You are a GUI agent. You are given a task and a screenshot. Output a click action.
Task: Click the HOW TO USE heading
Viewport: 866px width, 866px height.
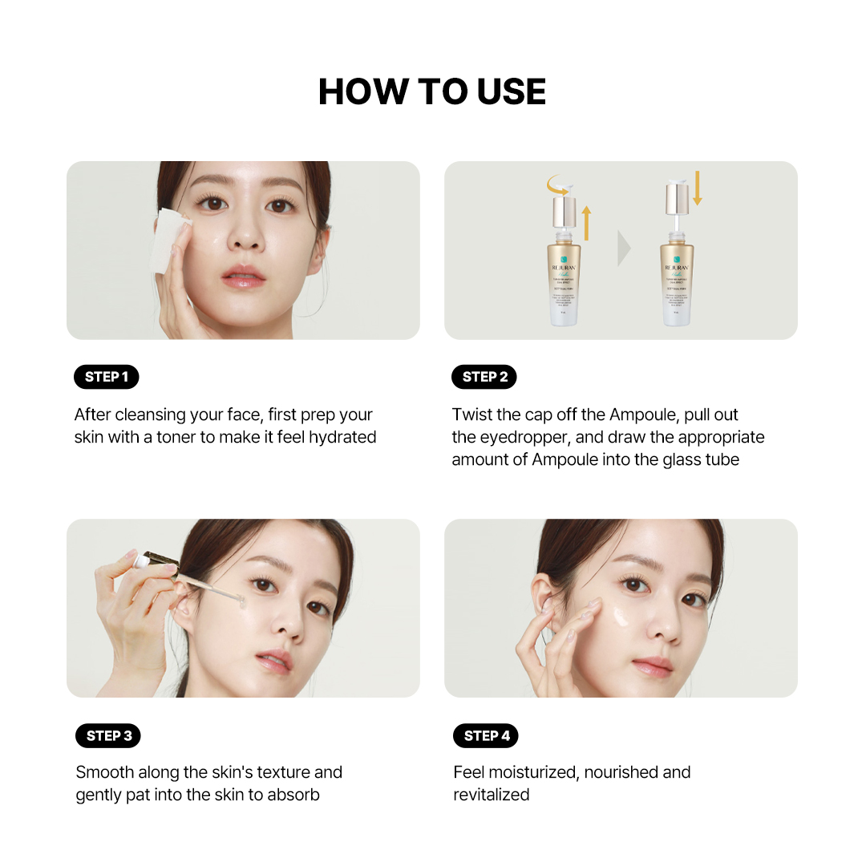point(432,91)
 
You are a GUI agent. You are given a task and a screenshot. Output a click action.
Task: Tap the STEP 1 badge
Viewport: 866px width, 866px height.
point(107,377)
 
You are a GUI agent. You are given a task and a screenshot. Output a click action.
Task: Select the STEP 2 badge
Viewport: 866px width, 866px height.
point(485,377)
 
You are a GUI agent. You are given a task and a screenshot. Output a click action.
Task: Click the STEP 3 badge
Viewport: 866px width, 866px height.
point(108,735)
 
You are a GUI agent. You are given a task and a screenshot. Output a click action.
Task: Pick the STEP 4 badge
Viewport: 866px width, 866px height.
point(486,735)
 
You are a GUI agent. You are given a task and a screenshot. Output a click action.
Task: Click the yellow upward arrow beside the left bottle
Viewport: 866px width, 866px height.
point(585,223)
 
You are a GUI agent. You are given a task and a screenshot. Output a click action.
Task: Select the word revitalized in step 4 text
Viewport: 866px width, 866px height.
point(492,795)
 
